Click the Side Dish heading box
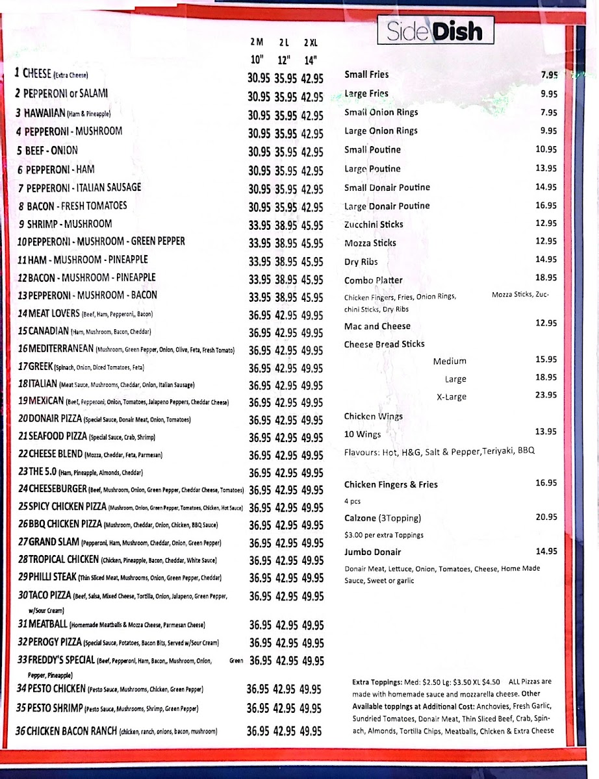click(435, 31)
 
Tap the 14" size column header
click(311, 60)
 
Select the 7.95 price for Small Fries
click(548, 75)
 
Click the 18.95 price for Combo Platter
click(546, 277)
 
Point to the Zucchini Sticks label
click(374, 225)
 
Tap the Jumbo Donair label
click(372, 552)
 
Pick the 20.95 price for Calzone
click(546, 517)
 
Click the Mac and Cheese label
click(377, 326)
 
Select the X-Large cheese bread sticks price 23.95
click(546, 395)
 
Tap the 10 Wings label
click(362, 434)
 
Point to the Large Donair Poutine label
click(387, 206)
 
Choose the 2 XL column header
click(311, 43)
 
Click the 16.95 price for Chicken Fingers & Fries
click(546, 483)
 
